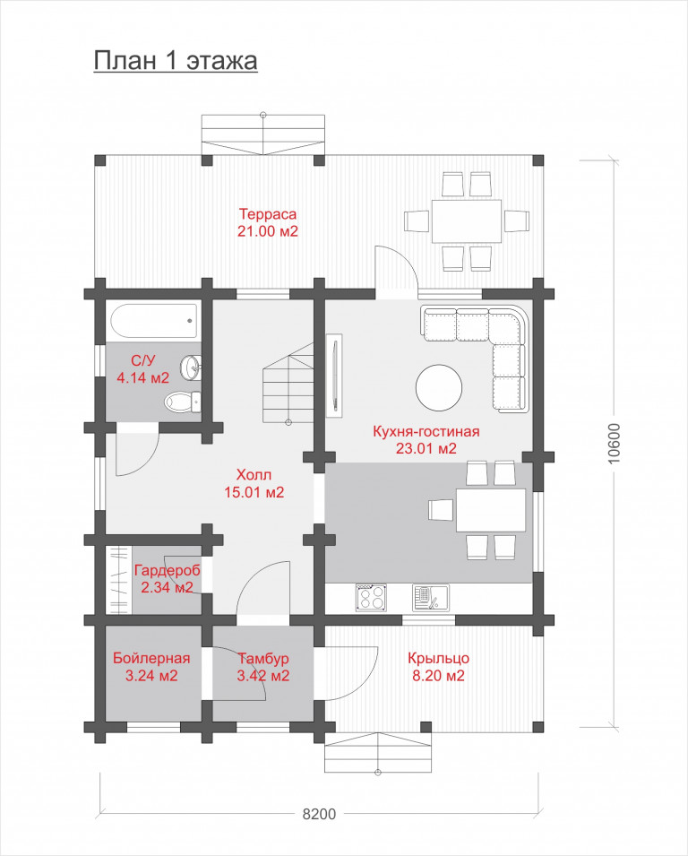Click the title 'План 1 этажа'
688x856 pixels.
[176, 61]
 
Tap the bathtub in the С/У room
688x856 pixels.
[154, 322]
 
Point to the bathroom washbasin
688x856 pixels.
[191, 367]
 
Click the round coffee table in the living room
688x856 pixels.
[439, 387]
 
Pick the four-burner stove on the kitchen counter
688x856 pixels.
[372, 596]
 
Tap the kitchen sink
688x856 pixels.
[431, 597]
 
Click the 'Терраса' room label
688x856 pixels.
[267, 213]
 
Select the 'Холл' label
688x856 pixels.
[254, 474]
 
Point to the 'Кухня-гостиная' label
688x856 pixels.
[426, 431]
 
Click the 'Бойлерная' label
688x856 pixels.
[151, 659]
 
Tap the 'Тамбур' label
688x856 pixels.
[263, 659]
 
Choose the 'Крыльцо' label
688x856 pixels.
[438, 659]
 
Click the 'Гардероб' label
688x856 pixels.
[167, 570]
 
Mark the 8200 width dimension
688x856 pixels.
[319, 815]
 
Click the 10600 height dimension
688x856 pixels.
[614, 444]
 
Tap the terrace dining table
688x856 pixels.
[467, 221]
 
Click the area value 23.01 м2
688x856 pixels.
[426, 449]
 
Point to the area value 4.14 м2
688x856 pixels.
[143, 377]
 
